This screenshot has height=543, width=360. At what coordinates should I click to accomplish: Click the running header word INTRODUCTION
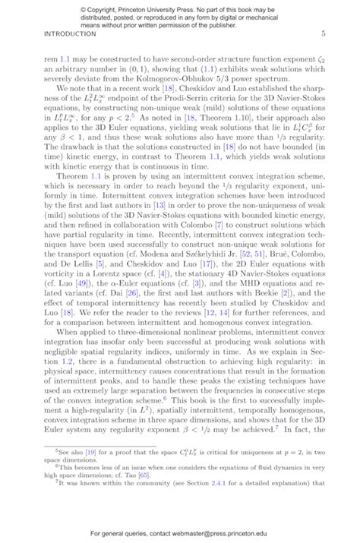pos(71,34)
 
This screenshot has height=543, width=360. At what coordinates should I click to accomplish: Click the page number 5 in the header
pos(324,34)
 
